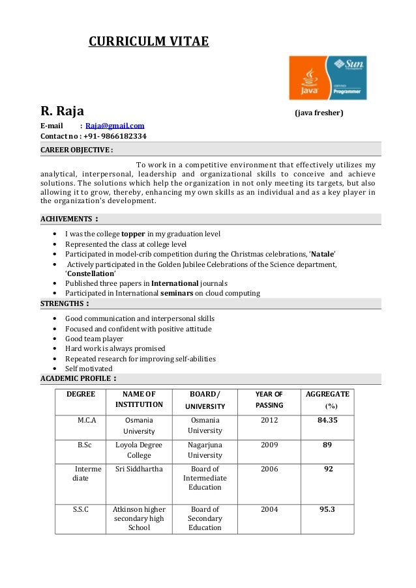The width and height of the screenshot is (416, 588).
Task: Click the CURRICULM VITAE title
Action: pyautogui.click(x=149, y=42)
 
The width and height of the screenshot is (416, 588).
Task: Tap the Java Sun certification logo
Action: pyautogui.click(x=327, y=77)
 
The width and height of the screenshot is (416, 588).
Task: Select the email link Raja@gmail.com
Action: pyautogui.click(x=115, y=126)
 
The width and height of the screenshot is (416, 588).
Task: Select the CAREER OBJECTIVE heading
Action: pyautogui.click(x=76, y=150)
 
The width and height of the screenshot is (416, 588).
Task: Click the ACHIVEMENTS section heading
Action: pyautogui.click(x=69, y=219)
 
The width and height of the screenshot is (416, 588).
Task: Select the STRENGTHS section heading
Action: pyautogui.click(x=65, y=303)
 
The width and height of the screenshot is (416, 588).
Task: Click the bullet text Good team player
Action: pyautogui.click(x=94, y=339)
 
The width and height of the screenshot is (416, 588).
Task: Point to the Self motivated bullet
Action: pyautogui.click(x=89, y=369)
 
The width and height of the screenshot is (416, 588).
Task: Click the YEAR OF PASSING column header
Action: pyautogui.click(x=269, y=400)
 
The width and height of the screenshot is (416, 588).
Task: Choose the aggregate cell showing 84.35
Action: pyautogui.click(x=327, y=420)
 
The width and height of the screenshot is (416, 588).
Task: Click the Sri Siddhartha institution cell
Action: pyautogui.click(x=139, y=469)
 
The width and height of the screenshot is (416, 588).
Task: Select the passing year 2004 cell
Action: pyautogui.click(x=269, y=509)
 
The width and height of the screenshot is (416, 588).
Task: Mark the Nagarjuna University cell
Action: pyautogui.click(x=205, y=450)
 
